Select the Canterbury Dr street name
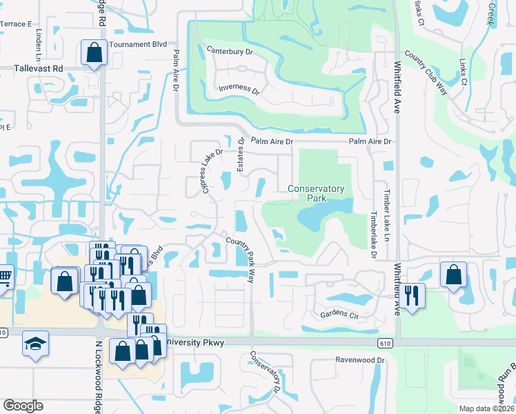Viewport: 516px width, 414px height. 231,50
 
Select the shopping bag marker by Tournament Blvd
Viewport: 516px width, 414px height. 93,52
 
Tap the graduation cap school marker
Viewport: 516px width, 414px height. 34,343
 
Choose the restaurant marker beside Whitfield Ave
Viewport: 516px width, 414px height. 413,295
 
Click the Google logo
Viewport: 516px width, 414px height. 23,406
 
